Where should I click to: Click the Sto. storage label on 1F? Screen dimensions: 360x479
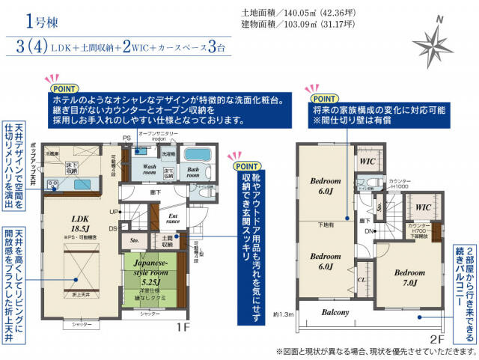(135, 242)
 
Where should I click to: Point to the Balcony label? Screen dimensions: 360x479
(336, 312)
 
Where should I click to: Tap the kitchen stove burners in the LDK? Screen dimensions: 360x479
(54, 184)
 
